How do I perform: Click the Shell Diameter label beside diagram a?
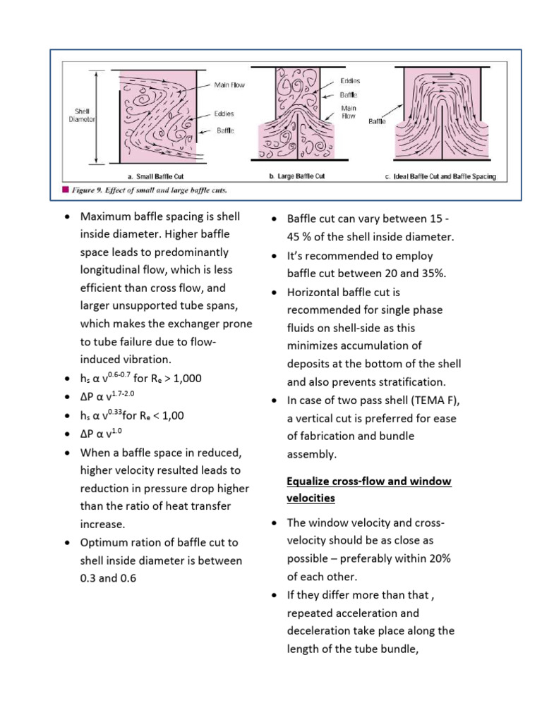(83, 115)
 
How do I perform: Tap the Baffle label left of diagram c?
(378, 121)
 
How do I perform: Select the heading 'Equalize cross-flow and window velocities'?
(368, 489)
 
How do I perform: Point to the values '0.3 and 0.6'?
(108, 578)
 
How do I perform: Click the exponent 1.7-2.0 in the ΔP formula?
(131, 393)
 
